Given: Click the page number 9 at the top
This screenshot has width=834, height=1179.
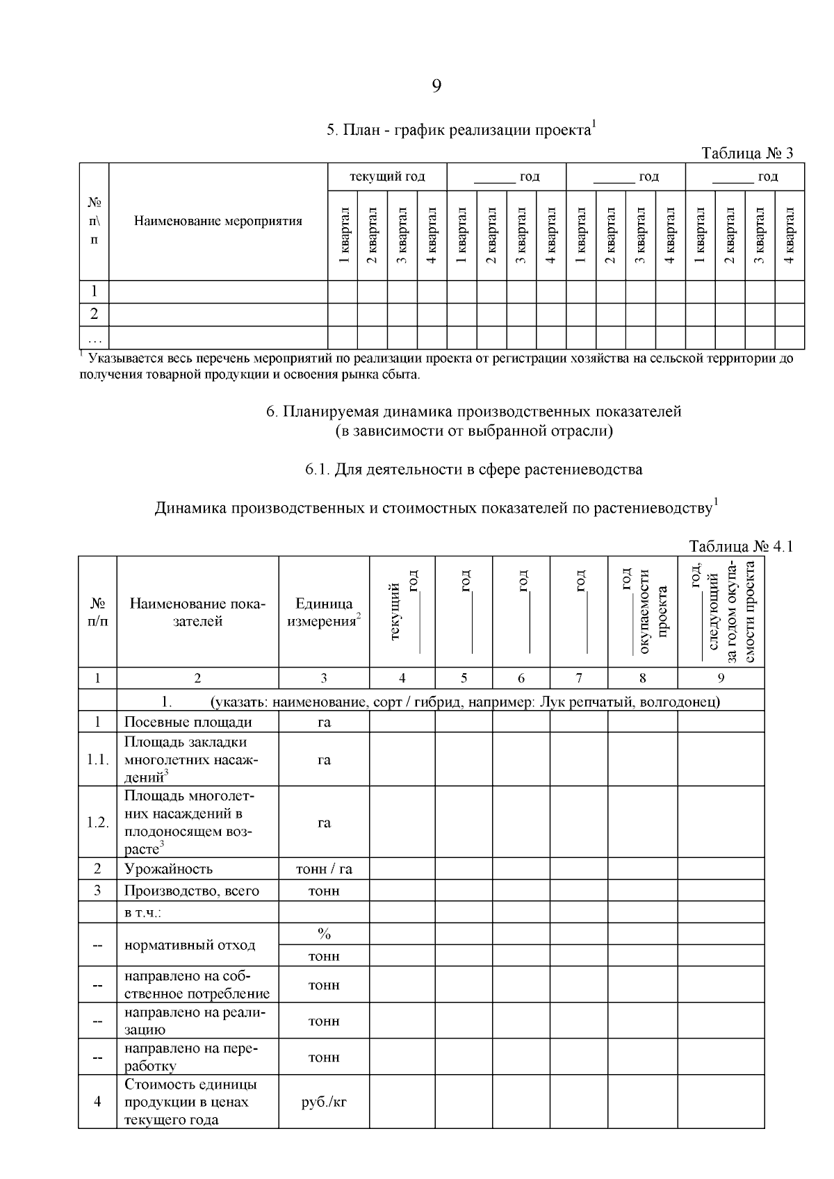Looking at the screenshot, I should pyautogui.click(x=436, y=85).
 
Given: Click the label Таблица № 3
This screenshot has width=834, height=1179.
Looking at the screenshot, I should pyautogui.click(x=747, y=154).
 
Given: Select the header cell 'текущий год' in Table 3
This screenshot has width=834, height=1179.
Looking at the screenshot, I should pyautogui.click(x=387, y=176).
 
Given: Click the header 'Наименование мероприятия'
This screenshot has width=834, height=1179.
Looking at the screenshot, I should pyautogui.click(x=218, y=222).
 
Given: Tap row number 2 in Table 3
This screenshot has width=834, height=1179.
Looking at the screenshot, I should pyautogui.click(x=94, y=314).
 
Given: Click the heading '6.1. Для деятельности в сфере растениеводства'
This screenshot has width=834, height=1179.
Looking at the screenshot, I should pyautogui.click(x=473, y=469).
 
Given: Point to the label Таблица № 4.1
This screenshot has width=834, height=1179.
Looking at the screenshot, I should pyautogui.click(x=740, y=546).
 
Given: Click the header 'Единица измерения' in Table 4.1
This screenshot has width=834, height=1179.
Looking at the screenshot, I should pyautogui.click(x=324, y=612).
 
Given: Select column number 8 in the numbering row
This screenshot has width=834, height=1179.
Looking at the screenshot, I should pyautogui.click(x=642, y=678).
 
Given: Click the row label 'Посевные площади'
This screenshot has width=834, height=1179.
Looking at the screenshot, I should pyautogui.click(x=188, y=722).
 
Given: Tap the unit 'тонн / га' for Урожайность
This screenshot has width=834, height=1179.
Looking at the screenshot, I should pyautogui.click(x=324, y=868).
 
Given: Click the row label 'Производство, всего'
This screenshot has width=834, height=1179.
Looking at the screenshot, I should pyautogui.click(x=192, y=891).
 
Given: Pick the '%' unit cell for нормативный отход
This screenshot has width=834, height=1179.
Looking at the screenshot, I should pyautogui.click(x=324, y=934).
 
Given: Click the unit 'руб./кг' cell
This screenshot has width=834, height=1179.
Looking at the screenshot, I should pyautogui.click(x=324, y=1102).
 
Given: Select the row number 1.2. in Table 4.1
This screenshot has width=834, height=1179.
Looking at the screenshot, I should pyautogui.click(x=97, y=823).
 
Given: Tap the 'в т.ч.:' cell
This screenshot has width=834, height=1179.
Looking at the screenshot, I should pyautogui.click(x=142, y=912).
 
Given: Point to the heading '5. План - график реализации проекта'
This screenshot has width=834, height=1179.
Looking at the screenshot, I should pyautogui.click(x=461, y=130).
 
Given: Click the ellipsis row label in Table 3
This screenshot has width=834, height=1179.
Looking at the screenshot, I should pyautogui.click(x=94, y=338).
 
